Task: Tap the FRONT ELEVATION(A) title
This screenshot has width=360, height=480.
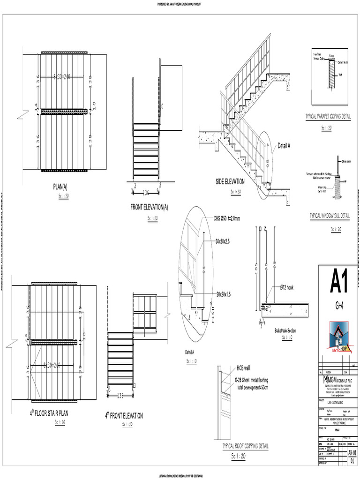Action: coord(150,207)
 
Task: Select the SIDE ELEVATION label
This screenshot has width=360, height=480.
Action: coord(230,182)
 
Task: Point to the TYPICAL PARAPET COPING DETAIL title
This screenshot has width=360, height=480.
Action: coord(328,116)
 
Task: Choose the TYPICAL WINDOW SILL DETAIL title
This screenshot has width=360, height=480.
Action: coord(330,216)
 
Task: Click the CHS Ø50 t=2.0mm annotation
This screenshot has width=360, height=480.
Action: coord(227,218)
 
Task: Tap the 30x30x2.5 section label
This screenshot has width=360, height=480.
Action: coord(225,241)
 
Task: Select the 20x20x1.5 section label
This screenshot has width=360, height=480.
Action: coord(226,294)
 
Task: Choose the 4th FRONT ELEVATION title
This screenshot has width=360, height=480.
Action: coord(124,415)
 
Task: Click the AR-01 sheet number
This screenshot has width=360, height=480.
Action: coord(352,453)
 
